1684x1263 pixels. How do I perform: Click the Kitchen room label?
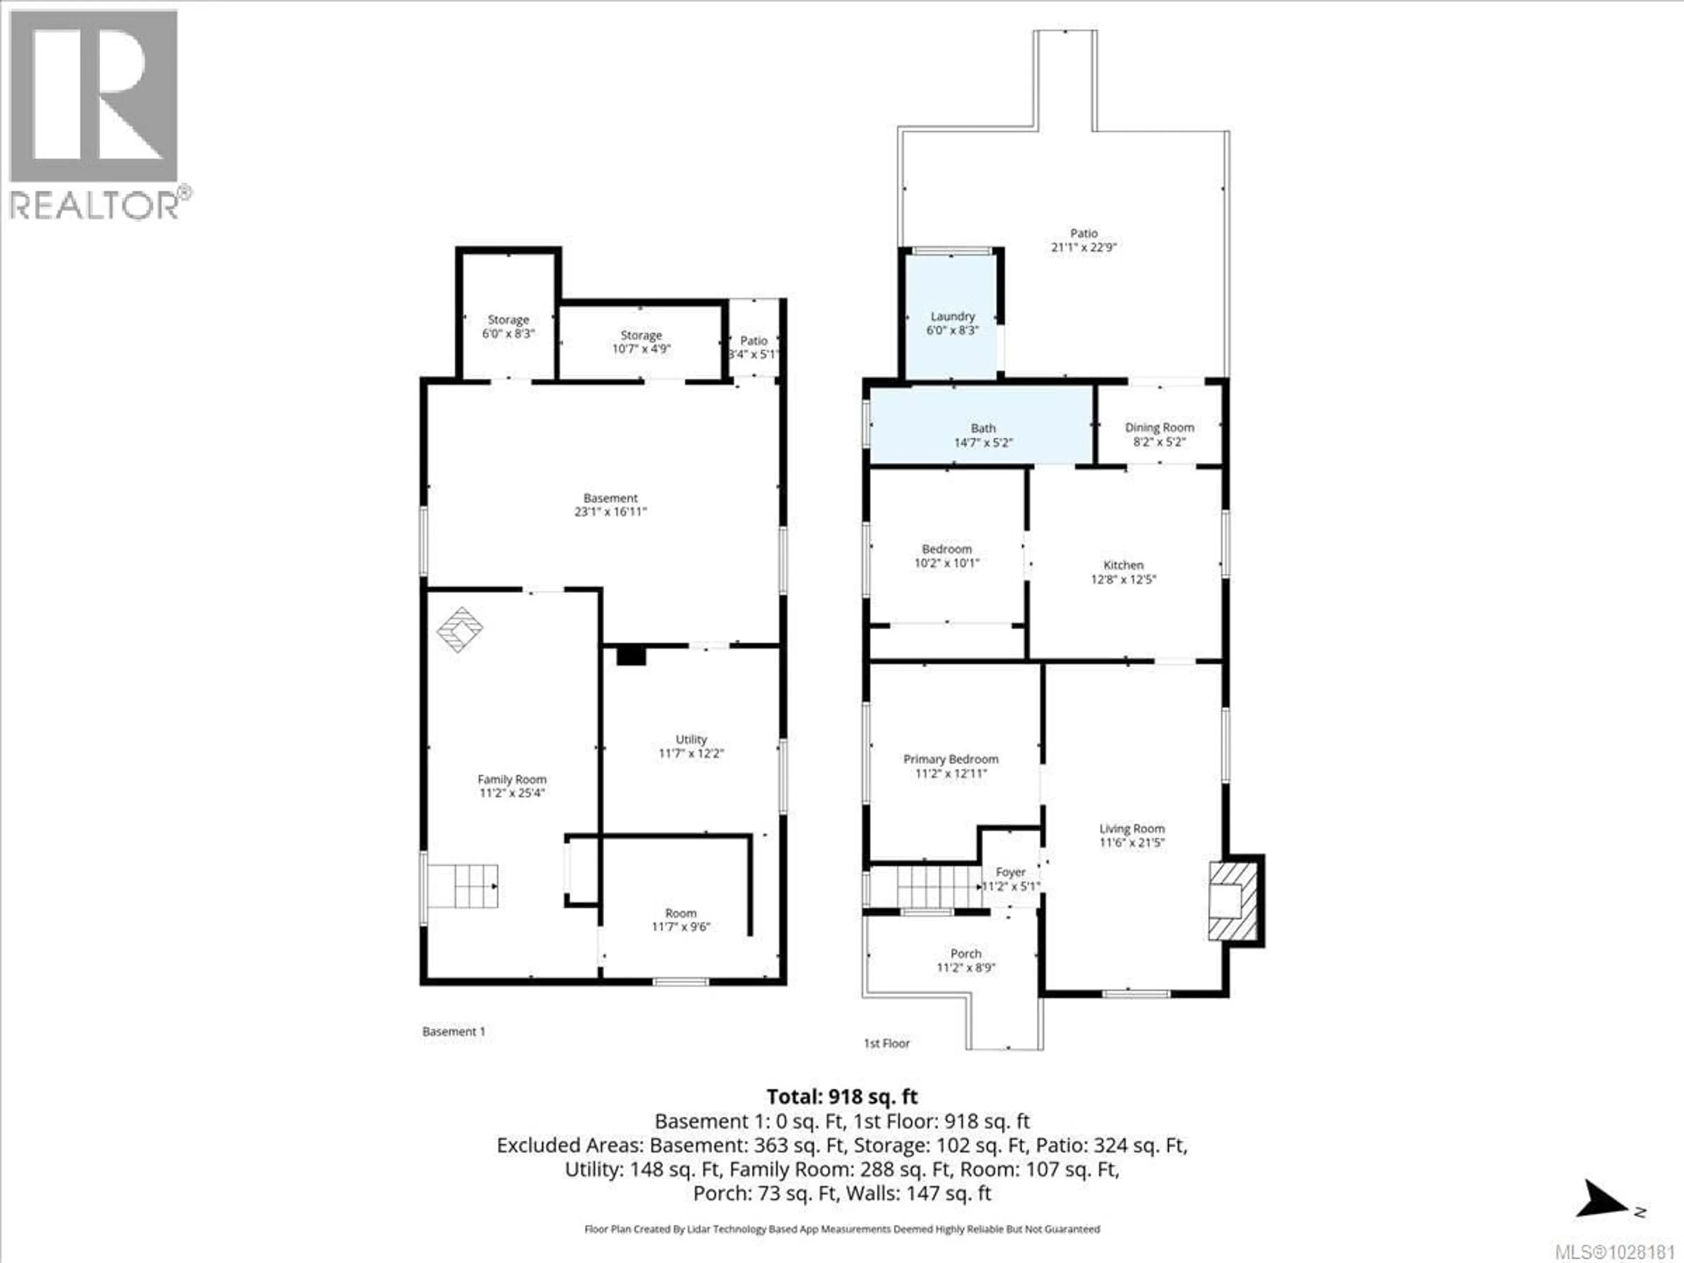coord(1123,565)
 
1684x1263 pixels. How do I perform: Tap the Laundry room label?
coord(953,316)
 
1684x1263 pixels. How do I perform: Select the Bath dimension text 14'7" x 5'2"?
coord(983,442)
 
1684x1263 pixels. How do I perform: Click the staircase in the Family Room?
coord(462,885)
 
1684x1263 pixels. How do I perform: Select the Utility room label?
coord(691,739)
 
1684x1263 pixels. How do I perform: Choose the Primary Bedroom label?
coord(950,759)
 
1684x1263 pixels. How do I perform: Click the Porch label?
coord(965,953)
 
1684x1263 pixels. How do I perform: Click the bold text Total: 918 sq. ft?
coord(842,1096)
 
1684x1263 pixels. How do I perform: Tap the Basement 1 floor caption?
coord(454,1031)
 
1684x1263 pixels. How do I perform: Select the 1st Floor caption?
coord(886,1043)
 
